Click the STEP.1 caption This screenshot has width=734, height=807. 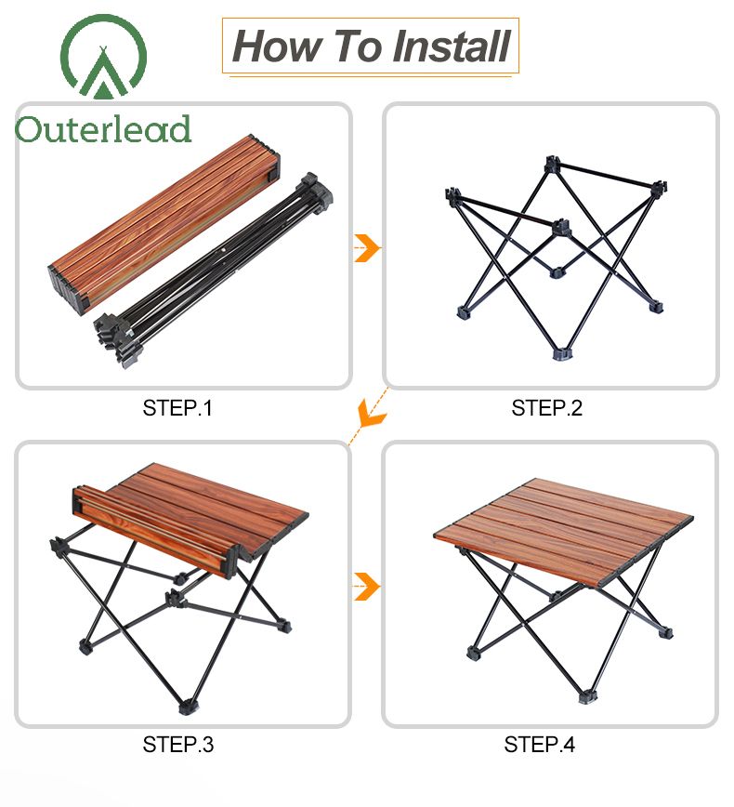click(177, 408)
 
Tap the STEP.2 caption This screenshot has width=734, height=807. click(546, 408)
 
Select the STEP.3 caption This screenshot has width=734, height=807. click(178, 744)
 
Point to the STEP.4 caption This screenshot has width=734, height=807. click(540, 744)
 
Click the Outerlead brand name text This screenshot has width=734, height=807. click(103, 129)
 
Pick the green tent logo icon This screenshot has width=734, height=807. click(103, 57)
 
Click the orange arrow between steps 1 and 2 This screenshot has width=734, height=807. click(367, 248)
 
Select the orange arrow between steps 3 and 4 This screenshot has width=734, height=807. click(367, 587)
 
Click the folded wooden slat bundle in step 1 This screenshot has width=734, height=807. click(164, 224)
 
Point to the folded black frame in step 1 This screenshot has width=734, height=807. click(213, 271)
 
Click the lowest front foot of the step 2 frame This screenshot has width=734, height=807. click(561, 354)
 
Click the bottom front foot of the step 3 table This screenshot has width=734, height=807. click(188, 707)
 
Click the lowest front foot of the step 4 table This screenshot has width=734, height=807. click(587, 696)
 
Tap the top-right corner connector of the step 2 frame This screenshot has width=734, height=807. click(659, 188)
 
